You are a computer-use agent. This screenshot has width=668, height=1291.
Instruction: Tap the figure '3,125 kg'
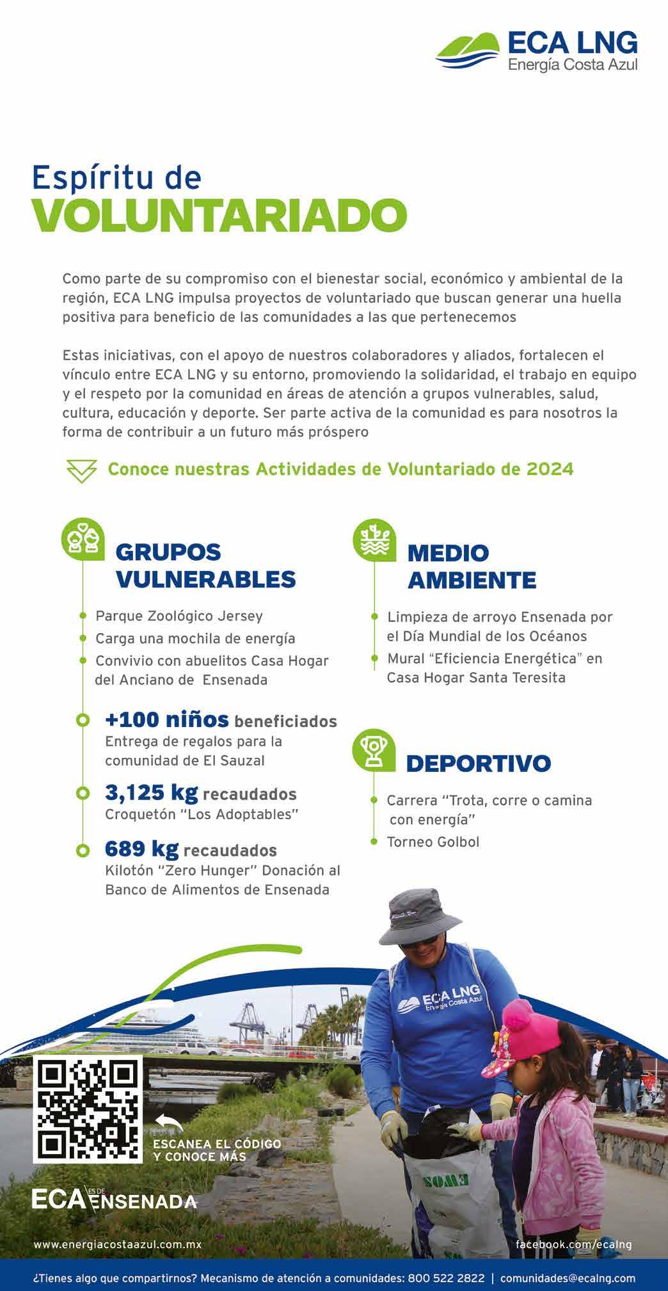tap(151, 792)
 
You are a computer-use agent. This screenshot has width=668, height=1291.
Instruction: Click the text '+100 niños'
tap(166, 719)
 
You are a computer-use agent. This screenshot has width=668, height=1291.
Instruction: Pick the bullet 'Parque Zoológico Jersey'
tap(179, 616)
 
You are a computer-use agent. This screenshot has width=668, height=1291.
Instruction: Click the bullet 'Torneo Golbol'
tap(433, 842)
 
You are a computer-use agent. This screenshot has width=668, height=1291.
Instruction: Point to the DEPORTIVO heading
tap(478, 763)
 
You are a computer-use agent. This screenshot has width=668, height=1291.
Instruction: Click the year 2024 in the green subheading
tap(550, 469)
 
